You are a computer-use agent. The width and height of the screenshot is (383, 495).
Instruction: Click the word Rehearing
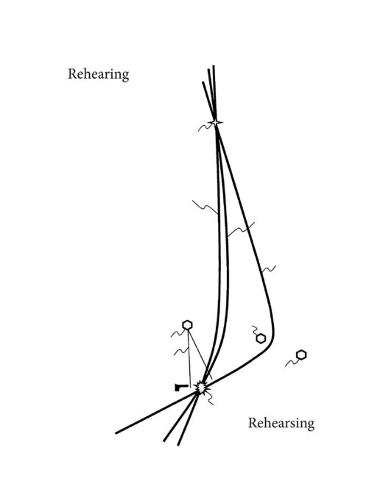tap(98, 74)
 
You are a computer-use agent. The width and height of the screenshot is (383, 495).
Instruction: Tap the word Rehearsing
tap(281, 424)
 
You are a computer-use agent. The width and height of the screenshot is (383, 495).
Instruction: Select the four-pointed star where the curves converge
tap(216, 123)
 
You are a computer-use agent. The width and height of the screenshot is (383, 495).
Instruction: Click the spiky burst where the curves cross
tap(200, 388)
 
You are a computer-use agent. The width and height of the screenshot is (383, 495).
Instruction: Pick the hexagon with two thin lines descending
tap(187, 325)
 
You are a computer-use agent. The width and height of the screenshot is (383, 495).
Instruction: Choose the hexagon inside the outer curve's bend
tap(261, 339)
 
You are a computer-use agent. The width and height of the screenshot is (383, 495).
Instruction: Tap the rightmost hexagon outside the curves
tap(301, 355)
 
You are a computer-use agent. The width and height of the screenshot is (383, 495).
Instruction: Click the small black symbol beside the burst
tap(181, 387)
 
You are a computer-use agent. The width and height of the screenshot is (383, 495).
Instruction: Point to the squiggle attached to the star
tap(205, 127)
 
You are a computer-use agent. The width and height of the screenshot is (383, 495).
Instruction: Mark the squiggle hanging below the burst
tap(209, 399)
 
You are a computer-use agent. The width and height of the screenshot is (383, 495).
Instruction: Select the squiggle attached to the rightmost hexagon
tap(291, 363)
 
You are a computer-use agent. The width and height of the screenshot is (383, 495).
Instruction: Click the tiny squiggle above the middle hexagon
tap(255, 330)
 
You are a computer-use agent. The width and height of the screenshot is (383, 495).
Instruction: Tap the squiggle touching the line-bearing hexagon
tap(178, 333)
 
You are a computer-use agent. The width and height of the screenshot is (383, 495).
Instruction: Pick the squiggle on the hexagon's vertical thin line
tap(181, 351)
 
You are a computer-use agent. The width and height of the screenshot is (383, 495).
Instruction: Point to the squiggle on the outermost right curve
tap(269, 269)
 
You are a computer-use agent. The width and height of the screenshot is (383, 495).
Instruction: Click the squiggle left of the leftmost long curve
tap(205, 207)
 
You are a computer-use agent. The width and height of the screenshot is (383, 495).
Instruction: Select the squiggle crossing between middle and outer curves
tap(241, 229)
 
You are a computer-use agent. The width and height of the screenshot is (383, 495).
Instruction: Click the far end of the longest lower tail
tap(116, 433)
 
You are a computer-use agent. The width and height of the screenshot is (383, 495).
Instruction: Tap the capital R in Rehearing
tap(72, 74)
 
